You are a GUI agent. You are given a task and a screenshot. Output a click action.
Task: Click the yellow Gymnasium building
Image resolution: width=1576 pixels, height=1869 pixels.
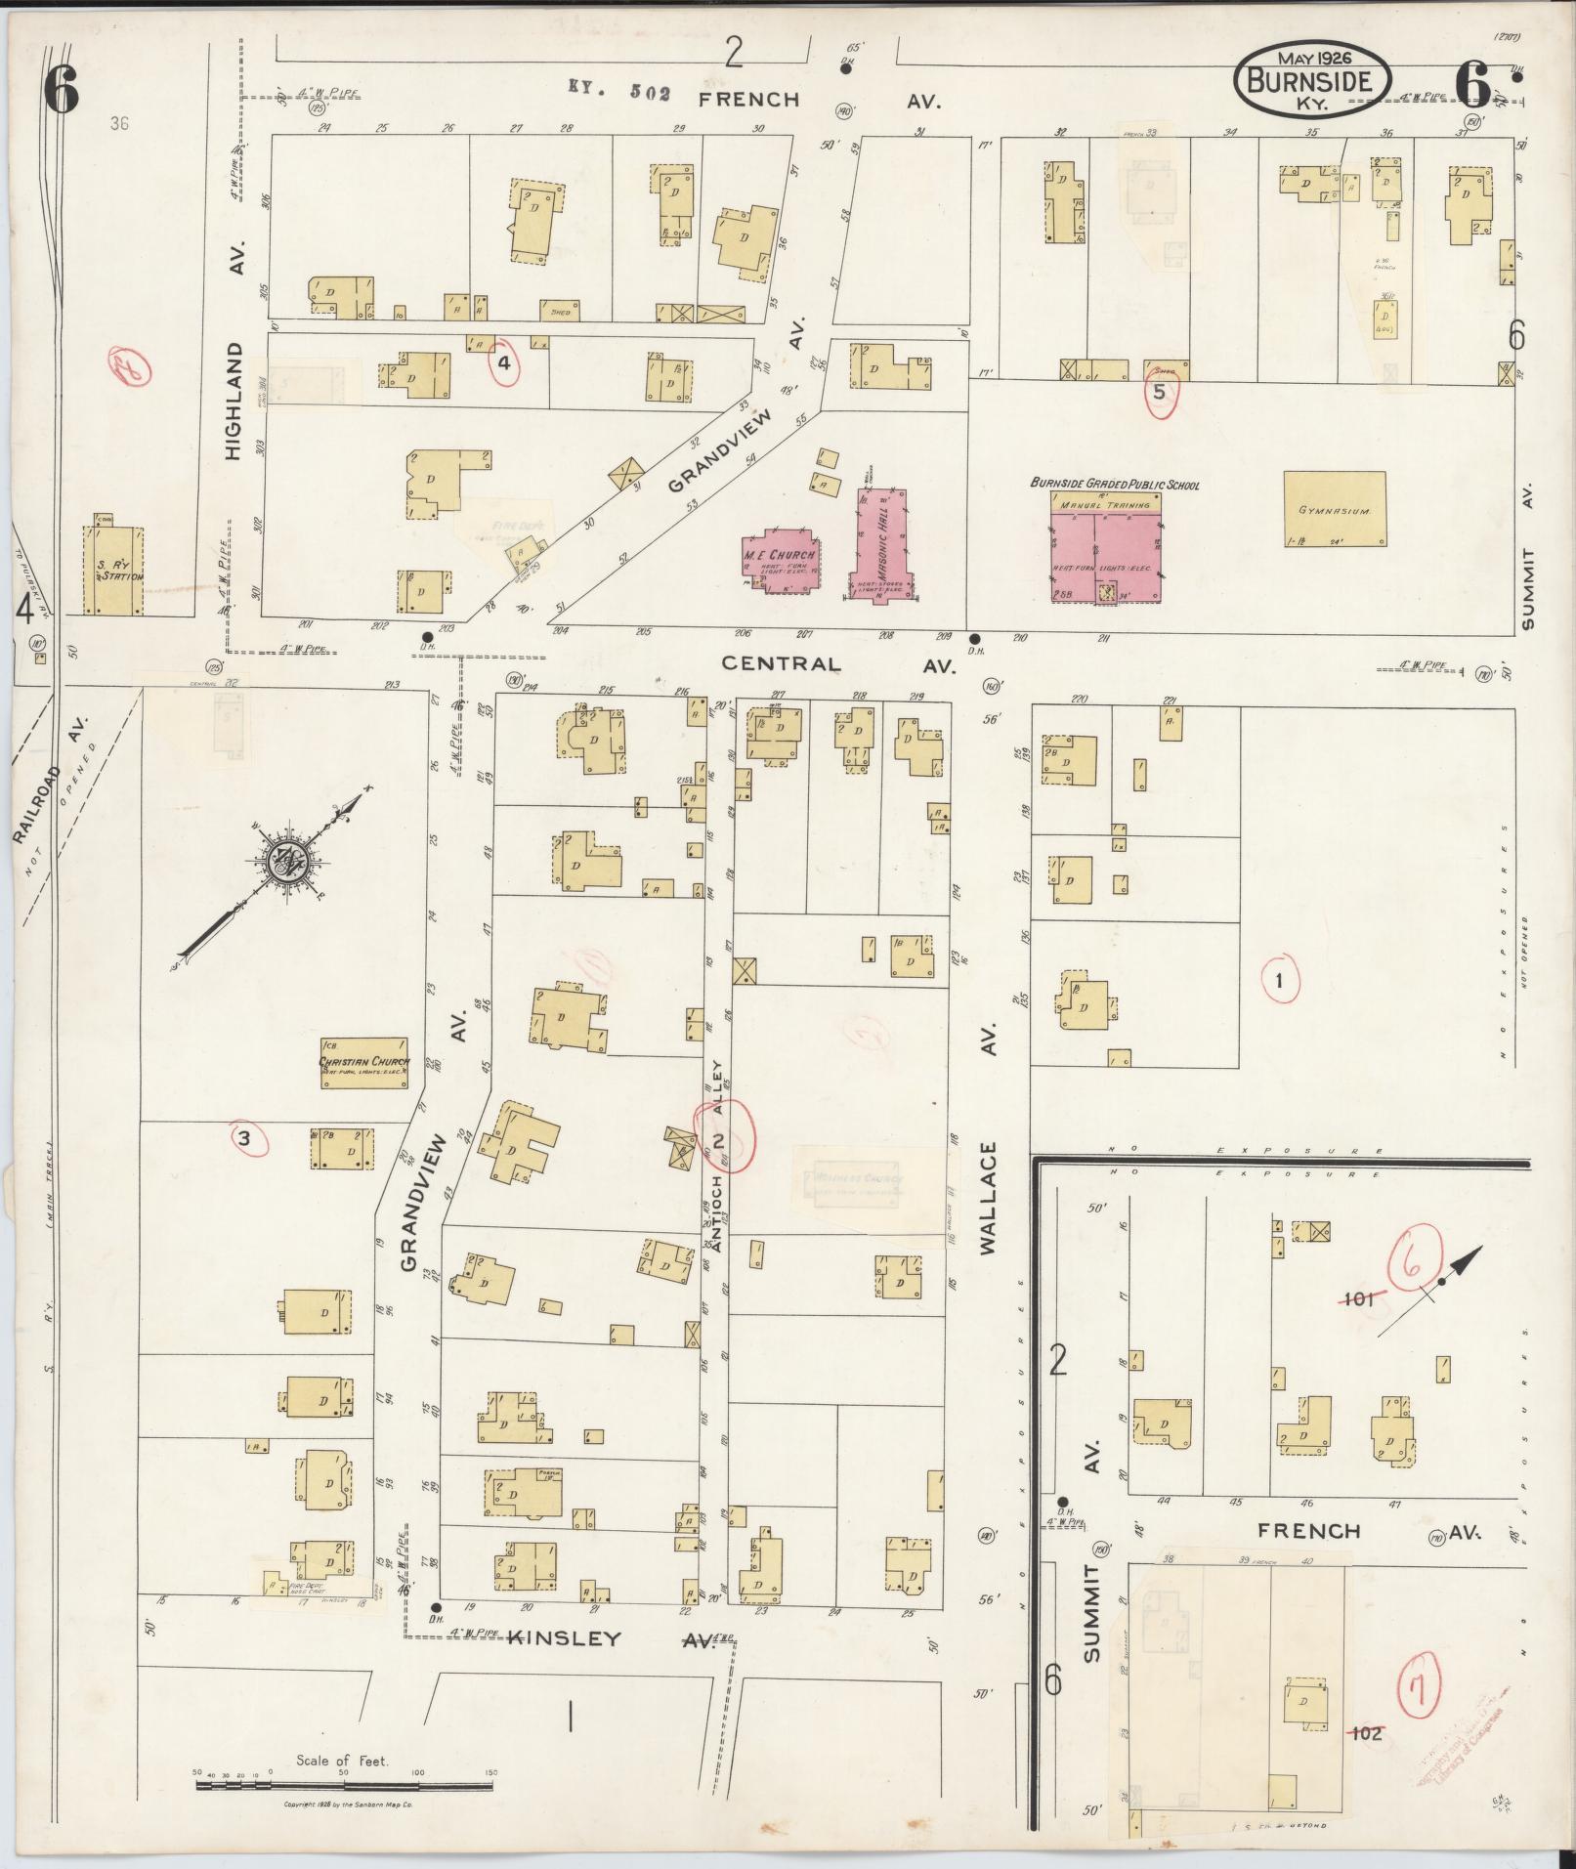1334,509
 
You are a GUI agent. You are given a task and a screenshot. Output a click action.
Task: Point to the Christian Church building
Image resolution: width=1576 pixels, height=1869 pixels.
363,1063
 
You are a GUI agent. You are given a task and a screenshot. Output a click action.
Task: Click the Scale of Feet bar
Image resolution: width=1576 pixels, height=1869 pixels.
347,1785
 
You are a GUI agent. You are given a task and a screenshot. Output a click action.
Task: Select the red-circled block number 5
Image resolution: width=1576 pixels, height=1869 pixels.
1160,393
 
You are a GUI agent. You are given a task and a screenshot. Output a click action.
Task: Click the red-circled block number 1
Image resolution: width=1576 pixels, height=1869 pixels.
1279,979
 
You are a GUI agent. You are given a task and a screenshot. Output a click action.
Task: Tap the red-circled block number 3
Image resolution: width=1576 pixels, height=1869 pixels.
245,1137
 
